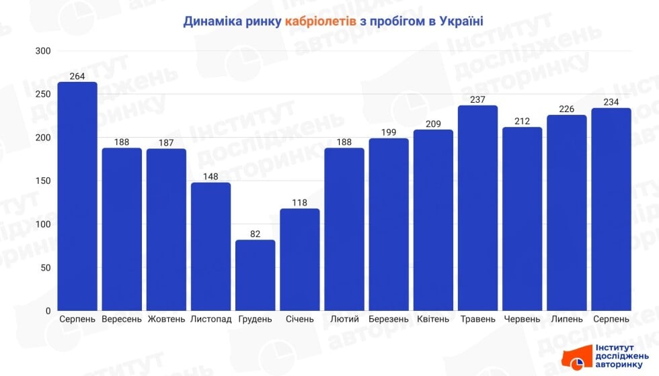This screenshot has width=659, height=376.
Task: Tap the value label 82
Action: (x=255, y=234)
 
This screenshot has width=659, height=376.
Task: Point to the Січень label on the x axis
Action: (x=299, y=319)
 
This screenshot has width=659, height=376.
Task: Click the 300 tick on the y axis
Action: (x=43, y=51)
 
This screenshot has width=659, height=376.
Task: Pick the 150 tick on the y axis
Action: (x=43, y=181)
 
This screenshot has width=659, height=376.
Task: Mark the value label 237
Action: (x=477, y=99)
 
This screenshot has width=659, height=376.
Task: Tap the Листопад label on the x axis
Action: (x=210, y=319)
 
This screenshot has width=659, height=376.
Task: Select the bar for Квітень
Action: (x=433, y=220)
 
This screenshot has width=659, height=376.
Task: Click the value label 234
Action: (x=611, y=102)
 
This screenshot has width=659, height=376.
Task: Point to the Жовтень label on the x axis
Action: (x=166, y=319)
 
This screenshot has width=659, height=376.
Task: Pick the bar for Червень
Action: (x=522, y=219)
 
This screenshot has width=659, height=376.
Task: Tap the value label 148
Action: (x=210, y=177)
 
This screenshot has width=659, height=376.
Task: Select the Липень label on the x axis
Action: (x=566, y=319)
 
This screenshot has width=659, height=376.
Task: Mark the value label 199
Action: (x=389, y=132)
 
